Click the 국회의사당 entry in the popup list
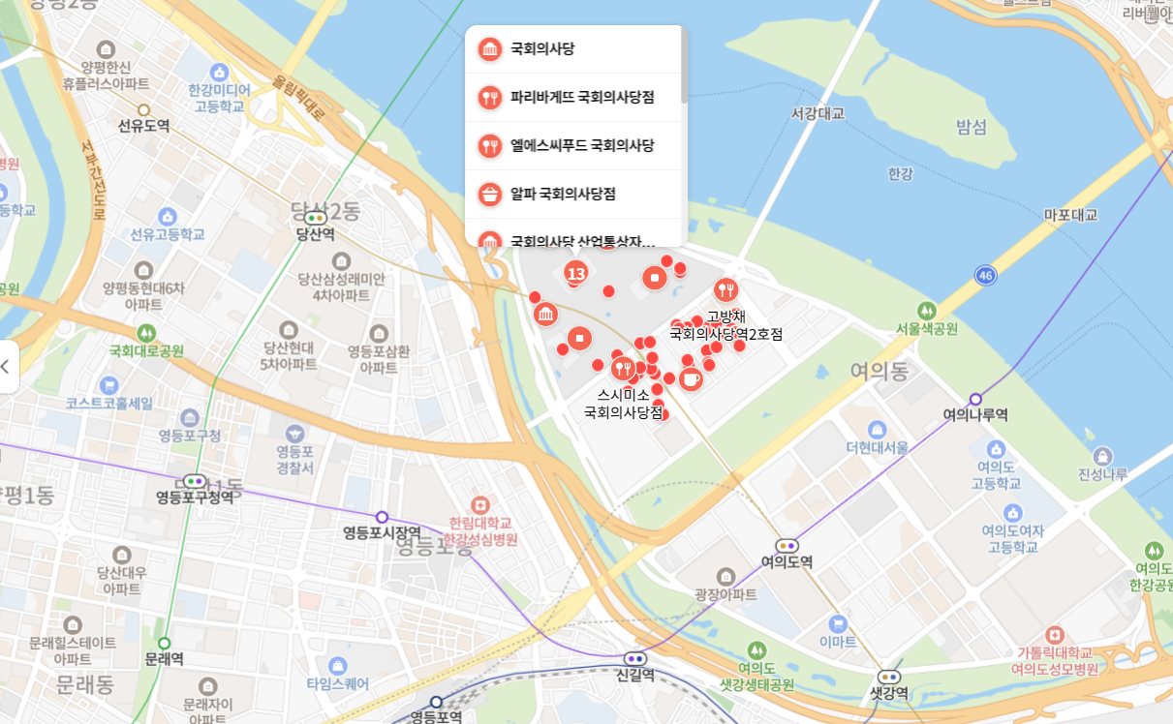click(x=542, y=48)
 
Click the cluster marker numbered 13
click(x=576, y=273)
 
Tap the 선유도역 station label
click(x=143, y=126)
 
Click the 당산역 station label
click(x=315, y=233)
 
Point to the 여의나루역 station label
click(x=975, y=414)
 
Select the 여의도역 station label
click(x=787, y=561)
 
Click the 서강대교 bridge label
click(x=817, y=113)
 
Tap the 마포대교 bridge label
click(x=1070, y=215)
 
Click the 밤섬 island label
click(x=971, y=127)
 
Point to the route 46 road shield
click(x=986, y=275)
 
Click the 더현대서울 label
click(x=877, y=447)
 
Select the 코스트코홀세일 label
click(x=109, y=403)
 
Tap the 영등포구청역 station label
click(x=195, y=498)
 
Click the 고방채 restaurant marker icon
click(x=725, y=289)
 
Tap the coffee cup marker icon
click(x=691, y=378)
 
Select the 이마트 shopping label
click(x=838, y=641)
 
